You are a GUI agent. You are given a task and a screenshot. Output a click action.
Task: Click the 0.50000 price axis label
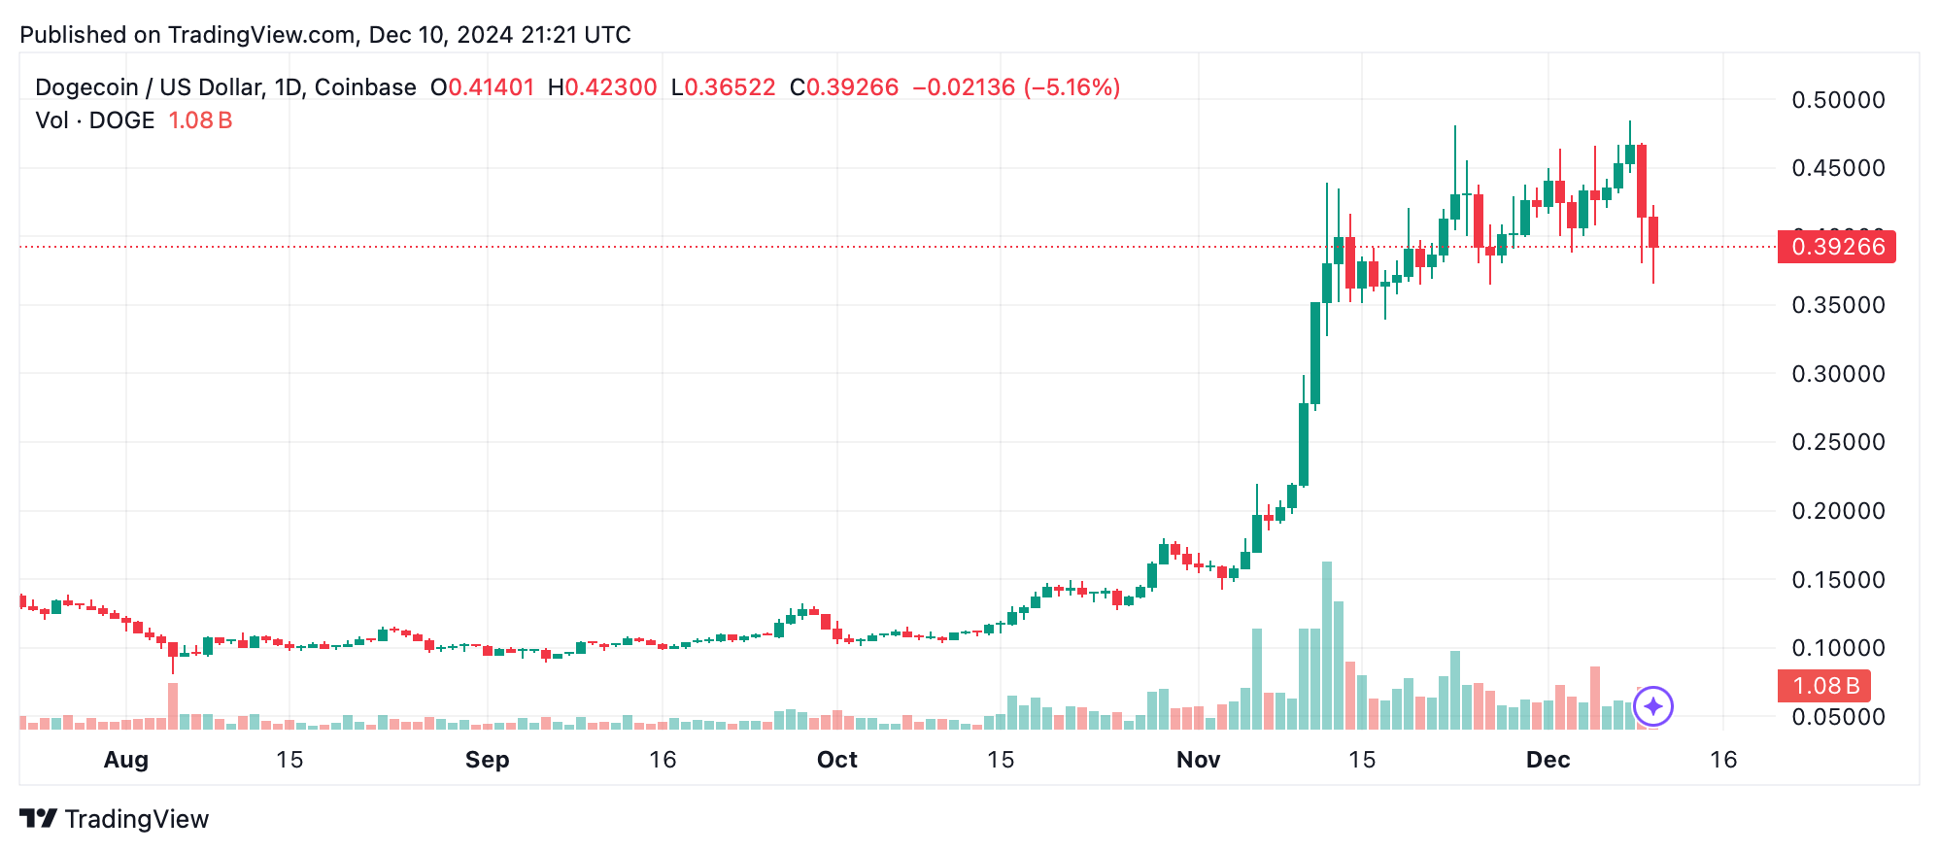1838,100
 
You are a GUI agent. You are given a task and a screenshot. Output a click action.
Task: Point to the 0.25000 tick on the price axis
1838,442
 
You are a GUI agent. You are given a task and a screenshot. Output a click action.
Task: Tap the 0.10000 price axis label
1838,648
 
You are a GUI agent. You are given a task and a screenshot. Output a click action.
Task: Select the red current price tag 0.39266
1836,247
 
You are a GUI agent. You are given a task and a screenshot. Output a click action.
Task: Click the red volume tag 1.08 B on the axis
1824,686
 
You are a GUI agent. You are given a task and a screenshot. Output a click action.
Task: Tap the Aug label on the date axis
126,760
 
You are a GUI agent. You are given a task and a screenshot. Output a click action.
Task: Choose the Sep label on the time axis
487,760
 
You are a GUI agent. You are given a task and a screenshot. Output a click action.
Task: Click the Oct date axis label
836,760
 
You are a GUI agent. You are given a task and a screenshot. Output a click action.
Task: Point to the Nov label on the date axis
1198,760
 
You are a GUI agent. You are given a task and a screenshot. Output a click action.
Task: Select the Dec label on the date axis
1548,760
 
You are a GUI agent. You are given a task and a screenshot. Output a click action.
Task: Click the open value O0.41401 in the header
483,87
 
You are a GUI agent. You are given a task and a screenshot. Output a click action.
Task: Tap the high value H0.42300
602,87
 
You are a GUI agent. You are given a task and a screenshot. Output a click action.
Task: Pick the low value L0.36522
724,87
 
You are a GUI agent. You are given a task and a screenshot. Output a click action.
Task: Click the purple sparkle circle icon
1653,706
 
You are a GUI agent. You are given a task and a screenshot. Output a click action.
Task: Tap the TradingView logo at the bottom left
115,819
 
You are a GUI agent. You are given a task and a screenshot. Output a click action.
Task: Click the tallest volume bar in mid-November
1327,646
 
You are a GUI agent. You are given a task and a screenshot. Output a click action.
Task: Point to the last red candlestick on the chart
1653,233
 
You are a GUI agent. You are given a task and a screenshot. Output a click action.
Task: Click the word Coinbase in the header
365,87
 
